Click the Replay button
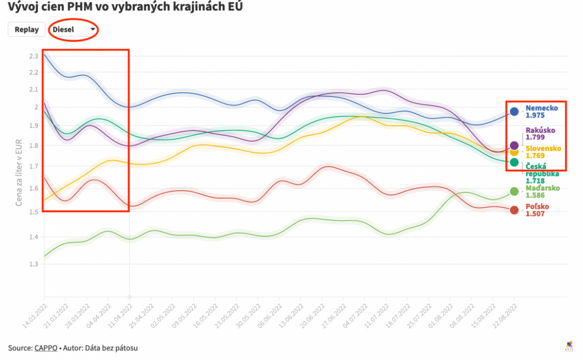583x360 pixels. point(27,29)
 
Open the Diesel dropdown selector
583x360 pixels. point(74,29)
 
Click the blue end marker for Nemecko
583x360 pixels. point(514,111)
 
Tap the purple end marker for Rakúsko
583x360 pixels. point(514,145)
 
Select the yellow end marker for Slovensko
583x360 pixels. point(514,152)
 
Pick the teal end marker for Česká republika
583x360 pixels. point(514,162)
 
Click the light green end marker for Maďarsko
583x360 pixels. point(514,191)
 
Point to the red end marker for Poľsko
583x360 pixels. point(514,210)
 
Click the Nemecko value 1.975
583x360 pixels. point(535,115)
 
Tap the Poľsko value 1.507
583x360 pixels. point(535,214)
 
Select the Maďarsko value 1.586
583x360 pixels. point(535,195)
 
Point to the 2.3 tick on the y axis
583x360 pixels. point(33,56)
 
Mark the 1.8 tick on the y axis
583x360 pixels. point(33,145)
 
